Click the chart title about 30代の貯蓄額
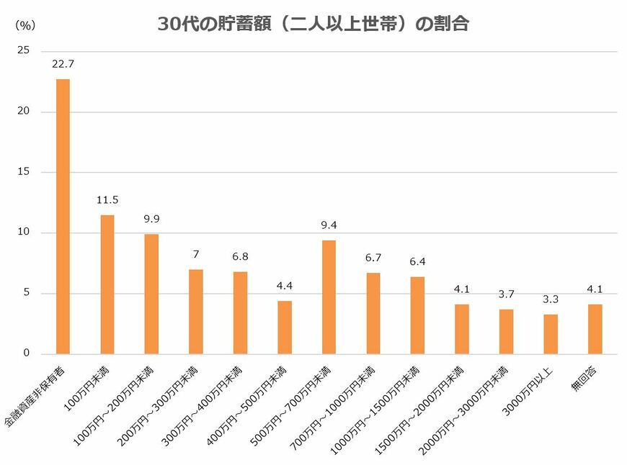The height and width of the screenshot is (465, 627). pos(313,24)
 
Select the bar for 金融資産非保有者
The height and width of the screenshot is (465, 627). pos(63,216)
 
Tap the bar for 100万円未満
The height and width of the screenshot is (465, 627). pos(107,284)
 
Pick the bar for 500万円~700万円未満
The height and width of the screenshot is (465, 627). pos(329,297)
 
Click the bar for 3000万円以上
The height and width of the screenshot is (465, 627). pos(551,334)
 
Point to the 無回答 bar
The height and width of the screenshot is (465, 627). pos(595,329)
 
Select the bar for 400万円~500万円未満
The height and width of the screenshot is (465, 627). pos(285,327)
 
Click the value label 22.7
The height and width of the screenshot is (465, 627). pos(63,64)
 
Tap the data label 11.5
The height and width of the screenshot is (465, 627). pos(107,200)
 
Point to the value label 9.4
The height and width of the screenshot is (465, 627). pos(329,225)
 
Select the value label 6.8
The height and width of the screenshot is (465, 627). pos(240,256)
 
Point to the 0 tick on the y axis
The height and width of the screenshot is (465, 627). pos(27,353)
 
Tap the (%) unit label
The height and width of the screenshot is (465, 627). pos(25,24)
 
